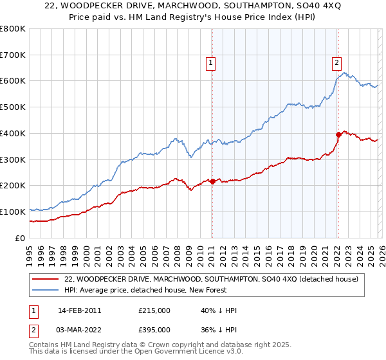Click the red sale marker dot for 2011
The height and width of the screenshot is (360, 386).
[212, 182]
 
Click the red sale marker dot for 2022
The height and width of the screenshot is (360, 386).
[338, 134]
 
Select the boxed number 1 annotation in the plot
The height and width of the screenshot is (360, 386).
[211, 62]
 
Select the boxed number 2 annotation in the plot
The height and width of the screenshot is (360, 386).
[336, 62]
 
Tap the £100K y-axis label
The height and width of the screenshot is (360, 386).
[13, 212]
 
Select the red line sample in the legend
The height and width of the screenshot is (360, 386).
[45, 279]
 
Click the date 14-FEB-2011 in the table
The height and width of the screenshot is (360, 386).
[79, 310]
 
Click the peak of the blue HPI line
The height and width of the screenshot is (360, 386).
[344, 72]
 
